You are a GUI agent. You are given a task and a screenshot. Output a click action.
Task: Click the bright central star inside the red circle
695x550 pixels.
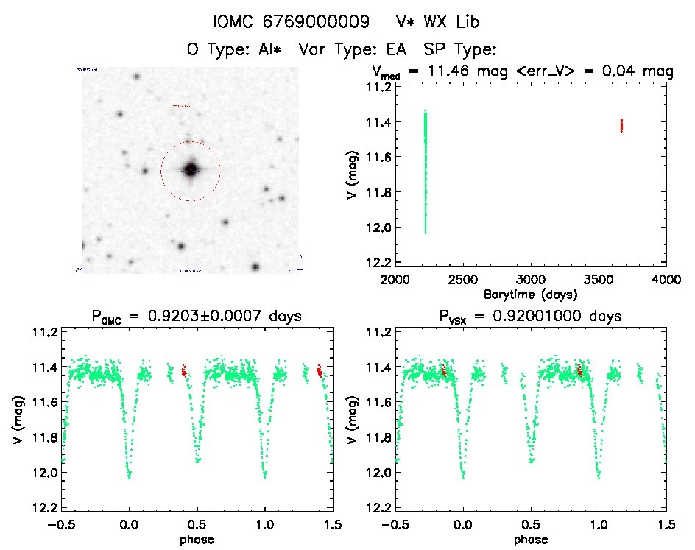(x=191, y=169)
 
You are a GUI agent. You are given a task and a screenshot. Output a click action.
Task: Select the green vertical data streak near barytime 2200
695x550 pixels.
(x=425, y=169)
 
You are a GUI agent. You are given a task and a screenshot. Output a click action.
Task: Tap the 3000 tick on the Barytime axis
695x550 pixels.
(x=531, y=281)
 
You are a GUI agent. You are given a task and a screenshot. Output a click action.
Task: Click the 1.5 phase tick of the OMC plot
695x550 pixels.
(x=333, y=525)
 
